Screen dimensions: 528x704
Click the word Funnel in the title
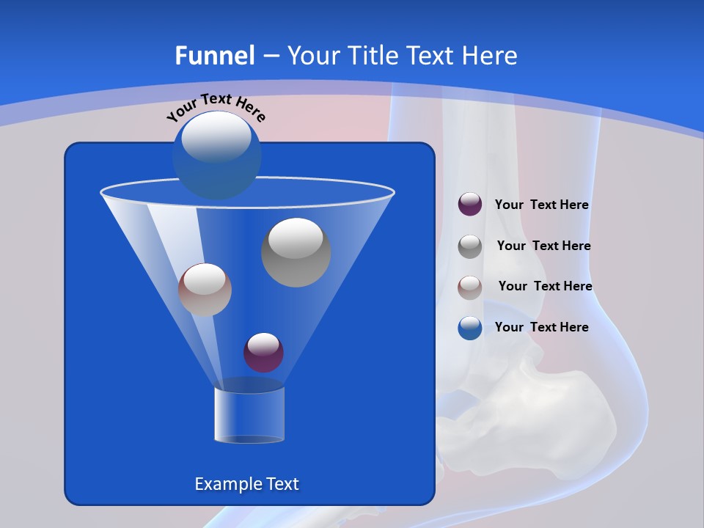[214, 56]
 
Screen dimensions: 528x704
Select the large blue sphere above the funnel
[217, 155]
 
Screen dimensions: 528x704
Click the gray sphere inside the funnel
[296, 252]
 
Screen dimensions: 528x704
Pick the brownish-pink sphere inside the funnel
[205, 290]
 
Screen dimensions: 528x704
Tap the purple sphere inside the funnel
[263, 352]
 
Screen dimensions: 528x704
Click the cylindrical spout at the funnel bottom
[249, 415]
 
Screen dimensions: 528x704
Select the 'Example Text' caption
[246, 484]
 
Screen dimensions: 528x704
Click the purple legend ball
[470, 205]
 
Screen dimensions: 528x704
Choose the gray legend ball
[470, 246]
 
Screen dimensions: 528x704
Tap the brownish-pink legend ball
[470, 287]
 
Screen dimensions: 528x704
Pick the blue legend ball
[470, 328]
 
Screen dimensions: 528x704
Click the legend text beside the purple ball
[541, 205]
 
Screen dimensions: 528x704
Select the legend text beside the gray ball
[543, 246]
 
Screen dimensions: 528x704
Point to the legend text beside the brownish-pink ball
[545, 286]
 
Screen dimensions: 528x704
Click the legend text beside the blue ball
[541, 327]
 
